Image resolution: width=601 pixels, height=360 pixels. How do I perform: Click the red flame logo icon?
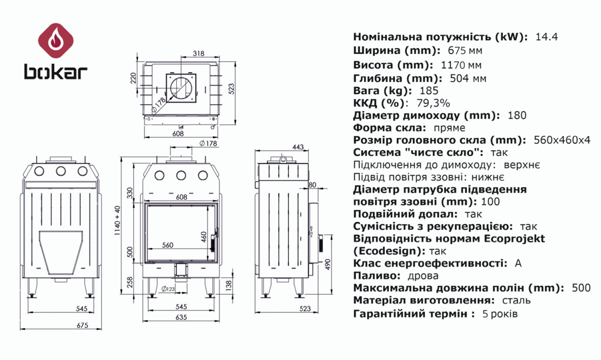55,40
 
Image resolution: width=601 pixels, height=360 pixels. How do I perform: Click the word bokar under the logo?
56,72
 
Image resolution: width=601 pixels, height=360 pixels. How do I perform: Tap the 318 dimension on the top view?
199,54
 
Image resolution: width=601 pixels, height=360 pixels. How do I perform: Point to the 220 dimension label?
133,78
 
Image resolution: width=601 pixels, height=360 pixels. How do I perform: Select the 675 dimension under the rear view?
82,325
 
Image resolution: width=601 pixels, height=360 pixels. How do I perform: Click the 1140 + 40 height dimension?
118,221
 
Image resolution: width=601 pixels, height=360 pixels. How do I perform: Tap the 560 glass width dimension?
168,245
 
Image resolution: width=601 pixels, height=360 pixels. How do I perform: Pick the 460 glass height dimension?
204,237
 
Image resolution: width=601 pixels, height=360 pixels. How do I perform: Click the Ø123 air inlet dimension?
168,289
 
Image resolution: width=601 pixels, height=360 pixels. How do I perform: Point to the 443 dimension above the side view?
298,147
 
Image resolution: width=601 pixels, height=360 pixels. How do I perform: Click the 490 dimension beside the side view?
328,264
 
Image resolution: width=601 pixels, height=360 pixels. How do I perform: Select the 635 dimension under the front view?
181,317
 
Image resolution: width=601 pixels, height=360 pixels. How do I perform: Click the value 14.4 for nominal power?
547,37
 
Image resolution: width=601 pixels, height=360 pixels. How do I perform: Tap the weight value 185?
429,91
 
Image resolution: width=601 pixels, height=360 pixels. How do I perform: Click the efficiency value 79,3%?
433,103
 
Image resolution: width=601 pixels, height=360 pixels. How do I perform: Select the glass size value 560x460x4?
562,140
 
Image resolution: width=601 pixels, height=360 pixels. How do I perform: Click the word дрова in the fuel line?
423,276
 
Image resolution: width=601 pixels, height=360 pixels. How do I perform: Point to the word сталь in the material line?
516,300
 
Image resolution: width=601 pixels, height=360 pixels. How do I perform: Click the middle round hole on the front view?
181,176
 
